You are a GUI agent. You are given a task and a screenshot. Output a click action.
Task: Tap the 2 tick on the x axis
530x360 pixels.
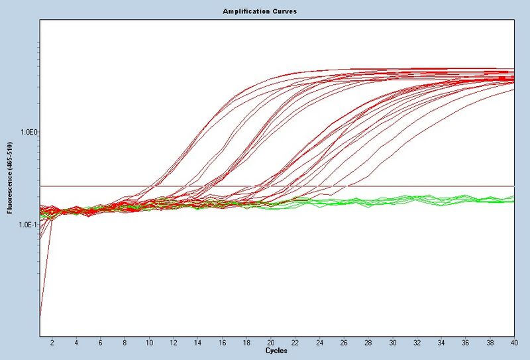tap(52, 342)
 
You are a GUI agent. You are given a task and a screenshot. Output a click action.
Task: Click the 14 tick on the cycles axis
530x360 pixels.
tap(198, 342)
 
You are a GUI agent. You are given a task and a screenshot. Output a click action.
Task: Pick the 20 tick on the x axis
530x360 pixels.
tap(271, 342)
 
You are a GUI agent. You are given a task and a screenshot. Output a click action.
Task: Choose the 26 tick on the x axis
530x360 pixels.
tap(344, 342)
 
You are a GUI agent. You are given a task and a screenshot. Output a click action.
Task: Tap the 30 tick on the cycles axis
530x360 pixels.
tap(392, 342)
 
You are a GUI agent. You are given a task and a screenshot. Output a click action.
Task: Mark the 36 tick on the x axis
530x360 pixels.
tap(465, 342)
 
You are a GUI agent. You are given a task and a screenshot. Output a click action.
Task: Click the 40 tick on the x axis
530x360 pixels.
tap(513, 342)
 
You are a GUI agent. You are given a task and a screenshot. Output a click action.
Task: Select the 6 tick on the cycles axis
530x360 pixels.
tap(101, 342)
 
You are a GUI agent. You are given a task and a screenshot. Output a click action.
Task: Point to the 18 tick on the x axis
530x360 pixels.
tap(246, 342)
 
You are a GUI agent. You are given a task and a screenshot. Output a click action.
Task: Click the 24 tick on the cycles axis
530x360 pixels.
tap(319, 342)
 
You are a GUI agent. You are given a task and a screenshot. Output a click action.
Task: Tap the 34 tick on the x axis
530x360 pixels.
tap(441, 342)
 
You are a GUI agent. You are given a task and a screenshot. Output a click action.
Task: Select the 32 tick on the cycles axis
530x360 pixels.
tap(417, 342)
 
